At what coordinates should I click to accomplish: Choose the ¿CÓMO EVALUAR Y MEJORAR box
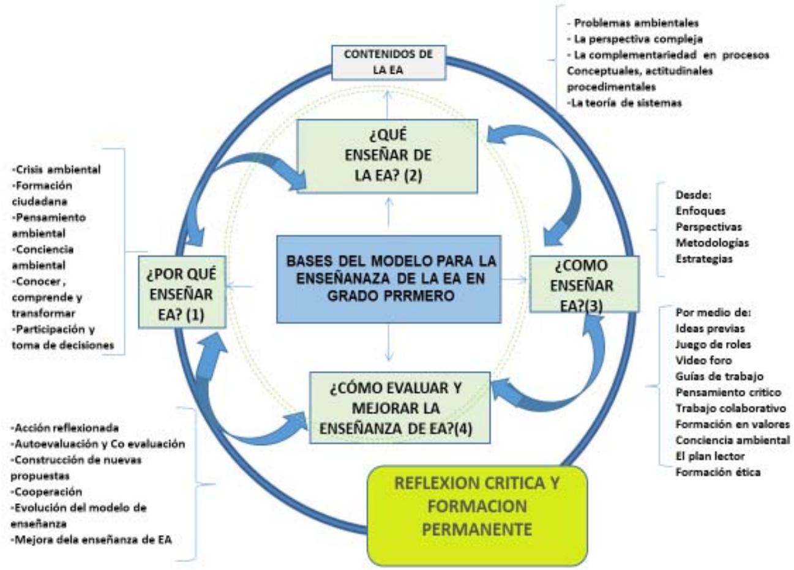point(400,407)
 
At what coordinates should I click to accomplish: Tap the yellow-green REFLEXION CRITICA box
point(478,505)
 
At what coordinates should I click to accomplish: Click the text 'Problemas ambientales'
point(633,23)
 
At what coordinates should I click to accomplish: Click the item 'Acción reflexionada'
point(65,427)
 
